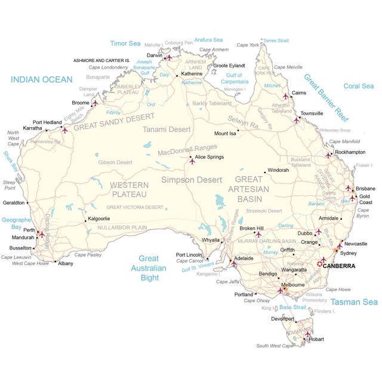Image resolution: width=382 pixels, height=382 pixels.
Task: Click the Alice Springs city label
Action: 210,156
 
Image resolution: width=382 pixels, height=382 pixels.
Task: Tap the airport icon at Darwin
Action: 169,58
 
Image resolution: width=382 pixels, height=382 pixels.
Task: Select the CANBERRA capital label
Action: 338,266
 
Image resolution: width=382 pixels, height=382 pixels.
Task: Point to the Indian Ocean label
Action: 41,79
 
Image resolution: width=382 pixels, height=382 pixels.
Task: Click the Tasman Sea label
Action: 355,302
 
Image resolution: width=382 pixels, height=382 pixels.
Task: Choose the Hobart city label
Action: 318,339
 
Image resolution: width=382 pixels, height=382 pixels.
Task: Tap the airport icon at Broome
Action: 94,103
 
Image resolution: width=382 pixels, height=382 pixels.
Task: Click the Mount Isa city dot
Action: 237,133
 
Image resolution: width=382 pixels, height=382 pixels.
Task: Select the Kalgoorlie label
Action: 98,218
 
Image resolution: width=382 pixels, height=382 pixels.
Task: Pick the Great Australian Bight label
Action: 149,268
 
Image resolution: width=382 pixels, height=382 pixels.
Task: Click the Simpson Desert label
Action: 192,179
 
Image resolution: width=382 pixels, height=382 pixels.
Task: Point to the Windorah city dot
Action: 265,173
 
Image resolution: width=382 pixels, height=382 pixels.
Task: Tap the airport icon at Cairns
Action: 285,95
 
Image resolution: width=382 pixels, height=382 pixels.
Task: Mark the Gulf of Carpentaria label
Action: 234,78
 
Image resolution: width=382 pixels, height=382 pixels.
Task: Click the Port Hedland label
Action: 47,122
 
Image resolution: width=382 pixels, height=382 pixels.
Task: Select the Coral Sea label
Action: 358,86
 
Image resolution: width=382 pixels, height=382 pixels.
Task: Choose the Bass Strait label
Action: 294,307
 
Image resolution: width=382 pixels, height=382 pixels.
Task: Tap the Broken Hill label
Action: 251,228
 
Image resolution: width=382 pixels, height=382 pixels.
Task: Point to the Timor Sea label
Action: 125,43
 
